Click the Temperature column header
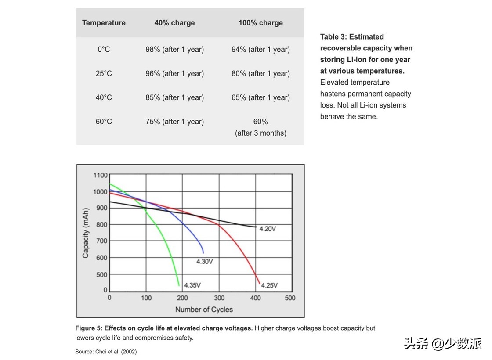(104, 23)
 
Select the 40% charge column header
(174, 23)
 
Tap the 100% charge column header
(260, 23)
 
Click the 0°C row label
(104, 50)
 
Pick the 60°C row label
(104, 122)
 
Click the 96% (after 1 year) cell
(174, 74)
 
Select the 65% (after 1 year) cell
(260, 97)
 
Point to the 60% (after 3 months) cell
(260, 127)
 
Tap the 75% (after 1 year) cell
(174, 122)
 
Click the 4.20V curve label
(268, 229)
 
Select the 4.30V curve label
(205, 262)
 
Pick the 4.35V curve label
(192, 285)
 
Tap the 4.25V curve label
(269, 285)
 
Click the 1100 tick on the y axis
(100, 175)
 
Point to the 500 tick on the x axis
(290, 298)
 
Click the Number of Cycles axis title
(204, 310)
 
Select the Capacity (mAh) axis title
(86, 233)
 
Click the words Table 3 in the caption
(333, 37)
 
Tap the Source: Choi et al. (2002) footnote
(106, 352)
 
